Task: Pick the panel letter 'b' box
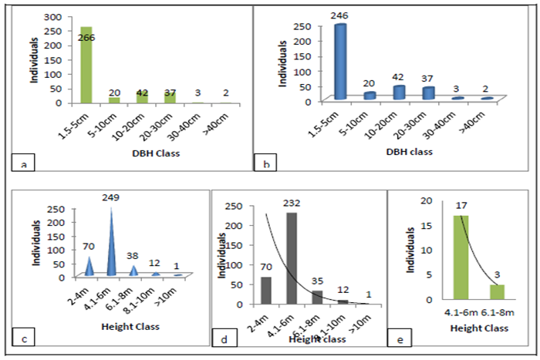click(266, 162)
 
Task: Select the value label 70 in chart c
click(89, 249)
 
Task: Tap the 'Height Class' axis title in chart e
click(480, 328)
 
